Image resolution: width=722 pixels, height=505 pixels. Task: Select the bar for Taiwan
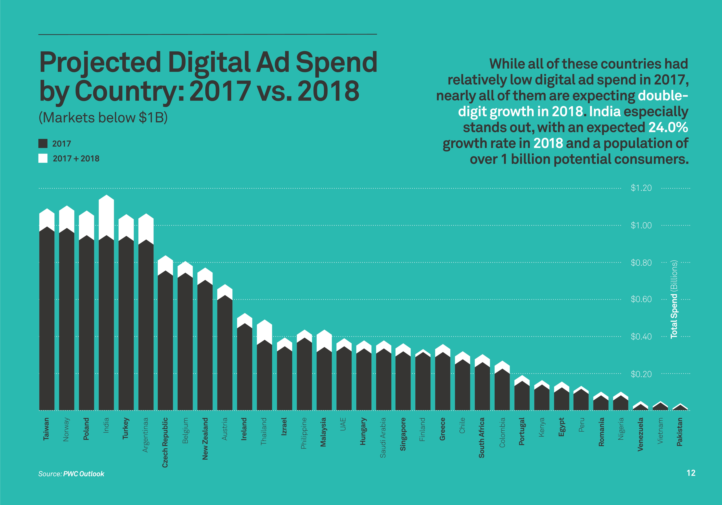click(x=47, y=314)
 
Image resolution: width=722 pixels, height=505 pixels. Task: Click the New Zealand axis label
click(x=205, y=438)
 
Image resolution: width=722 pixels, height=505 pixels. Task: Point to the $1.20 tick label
click(x=641, y=188)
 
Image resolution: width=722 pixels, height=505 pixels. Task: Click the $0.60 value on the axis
click(x=641, y=299)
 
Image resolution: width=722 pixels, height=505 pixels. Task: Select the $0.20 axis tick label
click(x=641, y=374)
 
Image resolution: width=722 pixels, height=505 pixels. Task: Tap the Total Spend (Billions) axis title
click(x=674, y=299)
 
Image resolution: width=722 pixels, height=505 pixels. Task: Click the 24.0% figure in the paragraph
click(x=668, y=128)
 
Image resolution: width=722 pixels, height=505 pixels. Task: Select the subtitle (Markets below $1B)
click(x=103, y=118)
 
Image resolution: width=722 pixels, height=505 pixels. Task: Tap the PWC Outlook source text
click(x=84, y=474)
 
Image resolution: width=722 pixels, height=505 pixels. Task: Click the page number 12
click(x=691, y=473)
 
